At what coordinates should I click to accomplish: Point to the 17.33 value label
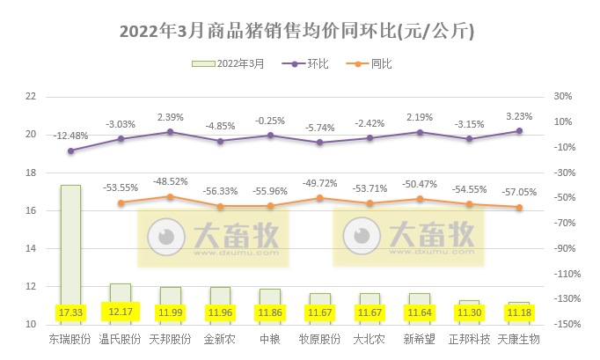point(70,312)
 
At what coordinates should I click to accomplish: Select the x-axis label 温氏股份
point(120,338)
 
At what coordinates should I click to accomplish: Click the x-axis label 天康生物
point(519,338)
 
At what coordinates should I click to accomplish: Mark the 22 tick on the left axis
point(32,97)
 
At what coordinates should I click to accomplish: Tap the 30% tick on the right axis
point(564,97)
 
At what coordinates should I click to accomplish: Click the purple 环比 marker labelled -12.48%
point(70,151)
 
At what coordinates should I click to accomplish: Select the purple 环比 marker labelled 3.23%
point(519,130)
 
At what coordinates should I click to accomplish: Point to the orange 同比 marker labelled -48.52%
point(170,196)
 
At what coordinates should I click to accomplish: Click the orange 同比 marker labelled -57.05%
point(519,207)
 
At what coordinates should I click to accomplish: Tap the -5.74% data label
point(319,128)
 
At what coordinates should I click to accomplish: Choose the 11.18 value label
point(519,312)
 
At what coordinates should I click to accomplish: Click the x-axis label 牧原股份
point(319,338)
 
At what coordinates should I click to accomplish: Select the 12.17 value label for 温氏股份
point(120,312)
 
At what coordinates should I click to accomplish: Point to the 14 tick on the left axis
point(32,249)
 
